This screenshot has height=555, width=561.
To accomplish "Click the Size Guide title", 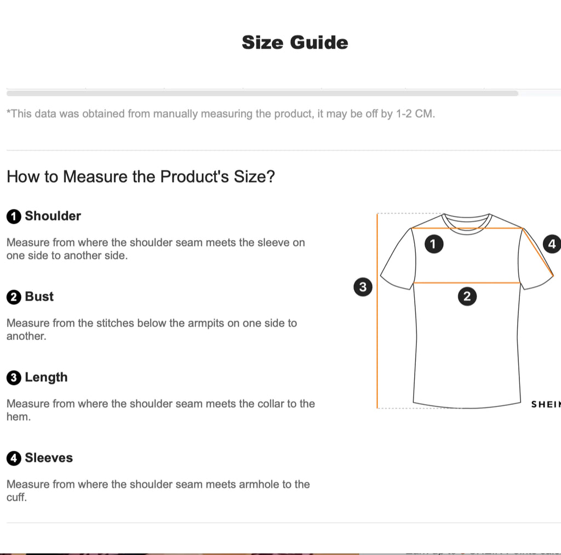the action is [295, 43].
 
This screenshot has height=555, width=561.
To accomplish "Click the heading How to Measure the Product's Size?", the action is [141, 177].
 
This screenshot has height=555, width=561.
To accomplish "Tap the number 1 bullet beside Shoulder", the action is [14, 217].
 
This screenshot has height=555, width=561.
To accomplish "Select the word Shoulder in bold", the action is [53, 216].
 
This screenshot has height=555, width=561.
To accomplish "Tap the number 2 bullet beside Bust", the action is [14, 297].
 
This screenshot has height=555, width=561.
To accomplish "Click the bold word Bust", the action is [39, 297].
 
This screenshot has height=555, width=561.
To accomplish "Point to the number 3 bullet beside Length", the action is [14, 378].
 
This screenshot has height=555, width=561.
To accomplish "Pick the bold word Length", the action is [46, 377].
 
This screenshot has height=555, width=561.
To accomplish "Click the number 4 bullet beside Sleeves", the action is [14, 458].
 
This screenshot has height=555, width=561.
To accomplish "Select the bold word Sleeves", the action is [49, 457].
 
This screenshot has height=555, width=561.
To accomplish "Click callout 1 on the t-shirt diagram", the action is [434, 244].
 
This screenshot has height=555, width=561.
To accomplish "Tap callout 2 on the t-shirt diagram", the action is [467, 296].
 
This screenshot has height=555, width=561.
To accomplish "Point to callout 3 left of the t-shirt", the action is [363, 287].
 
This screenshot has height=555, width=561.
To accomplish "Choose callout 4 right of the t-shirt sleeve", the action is [552, 244].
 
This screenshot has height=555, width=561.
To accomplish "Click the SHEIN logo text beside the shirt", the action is [546, 404].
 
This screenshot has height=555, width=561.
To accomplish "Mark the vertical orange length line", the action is [377, 311].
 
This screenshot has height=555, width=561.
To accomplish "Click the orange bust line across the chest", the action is [467, 283].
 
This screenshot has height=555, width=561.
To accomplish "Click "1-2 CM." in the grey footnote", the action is [415, 114].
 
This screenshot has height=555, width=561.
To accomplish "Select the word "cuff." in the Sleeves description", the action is [16, 497].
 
